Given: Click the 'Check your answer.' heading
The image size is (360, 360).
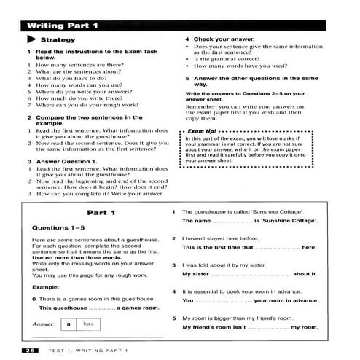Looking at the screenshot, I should [219, 39].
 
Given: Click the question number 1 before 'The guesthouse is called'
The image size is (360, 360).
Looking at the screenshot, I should [174, 211].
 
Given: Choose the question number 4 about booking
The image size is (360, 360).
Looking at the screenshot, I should [174, 291].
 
